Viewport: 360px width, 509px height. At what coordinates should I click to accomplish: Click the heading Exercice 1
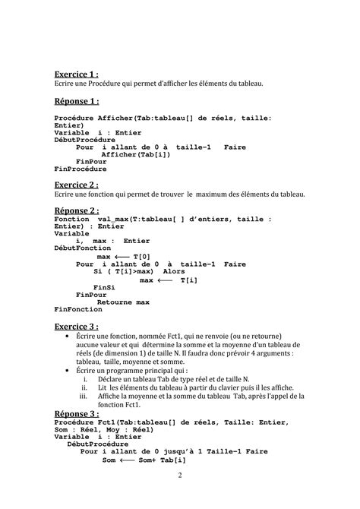click(77, 74)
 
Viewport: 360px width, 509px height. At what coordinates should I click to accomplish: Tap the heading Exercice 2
click(77, 185)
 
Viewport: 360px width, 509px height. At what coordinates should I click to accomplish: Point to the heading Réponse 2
click(77, 210)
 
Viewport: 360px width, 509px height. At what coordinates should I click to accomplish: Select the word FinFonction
click(78, 310)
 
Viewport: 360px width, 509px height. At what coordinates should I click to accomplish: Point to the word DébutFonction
click(82, 248)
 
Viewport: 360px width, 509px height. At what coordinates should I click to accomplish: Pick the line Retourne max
click(123, 302)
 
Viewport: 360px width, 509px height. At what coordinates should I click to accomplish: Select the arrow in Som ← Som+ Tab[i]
click(128, 460)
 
